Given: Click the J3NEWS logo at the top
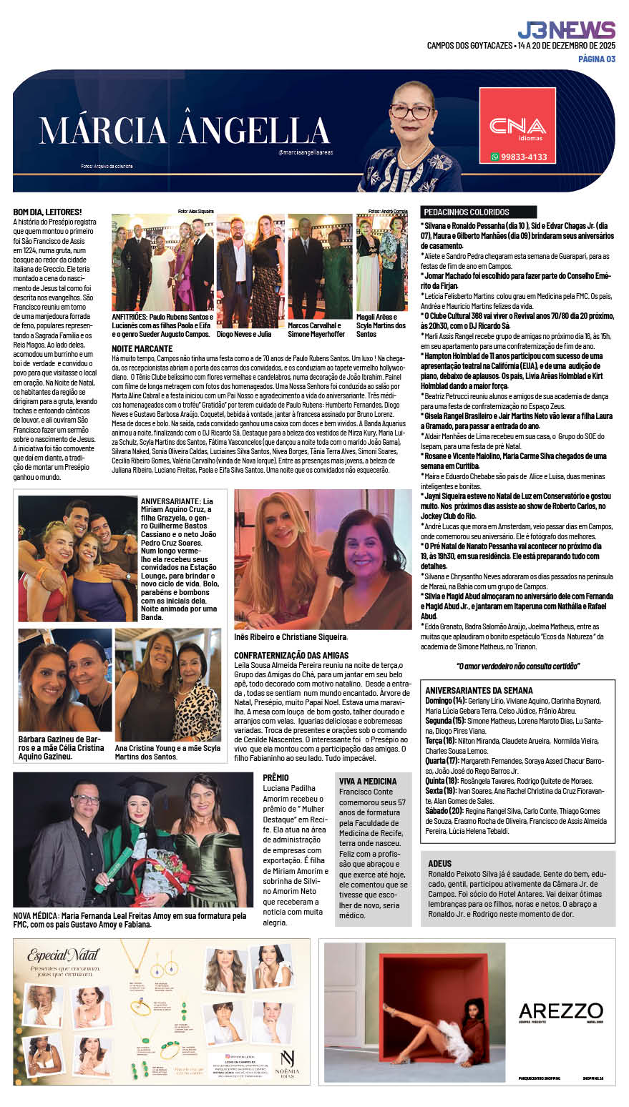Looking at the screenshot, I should click(x=566, y=30).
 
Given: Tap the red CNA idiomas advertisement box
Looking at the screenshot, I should click(x=517, y=125).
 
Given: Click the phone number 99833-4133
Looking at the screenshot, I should click(x=519, y=157).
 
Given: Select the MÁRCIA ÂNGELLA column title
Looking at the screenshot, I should click(x=185, y=130).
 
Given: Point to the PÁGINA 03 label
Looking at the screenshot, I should click(x=597, y=59).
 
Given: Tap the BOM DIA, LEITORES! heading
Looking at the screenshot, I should click(x=47, y=212).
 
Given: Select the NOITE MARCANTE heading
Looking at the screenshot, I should click(x=142, y=348).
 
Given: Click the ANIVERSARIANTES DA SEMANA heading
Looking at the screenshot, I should click(x=479, y=691).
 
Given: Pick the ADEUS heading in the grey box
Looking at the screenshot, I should click(x=439, y=864).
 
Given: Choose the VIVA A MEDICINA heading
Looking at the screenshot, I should click(x=368, y=782).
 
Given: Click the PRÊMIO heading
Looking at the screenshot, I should click(x=276, y=777).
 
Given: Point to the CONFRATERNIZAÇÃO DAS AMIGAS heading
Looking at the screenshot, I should click(x=291, y=655).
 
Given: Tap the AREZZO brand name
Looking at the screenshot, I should click(x=560, y=1011).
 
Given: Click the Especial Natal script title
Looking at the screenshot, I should click(x=64, y=955).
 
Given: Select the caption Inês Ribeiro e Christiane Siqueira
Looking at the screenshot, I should click(x=291, y=636).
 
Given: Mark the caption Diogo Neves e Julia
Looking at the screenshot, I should click(x=244, y=334).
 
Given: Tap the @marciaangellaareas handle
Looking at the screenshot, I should click(x=306, y=152).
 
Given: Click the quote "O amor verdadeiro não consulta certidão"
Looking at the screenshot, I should click(x=517, y=666).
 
